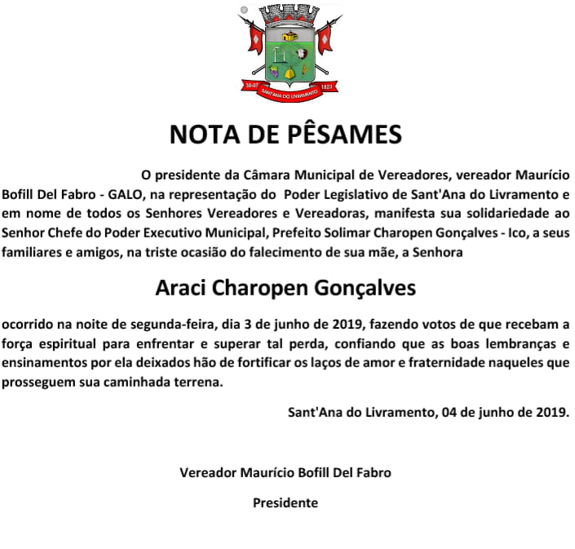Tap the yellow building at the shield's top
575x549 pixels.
pyautogui.click(x=289, y=35)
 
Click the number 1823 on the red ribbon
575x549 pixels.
pyautogui.click(x=326, y=85)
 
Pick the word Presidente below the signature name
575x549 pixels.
pyautogui.click(x=285, y=503)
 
